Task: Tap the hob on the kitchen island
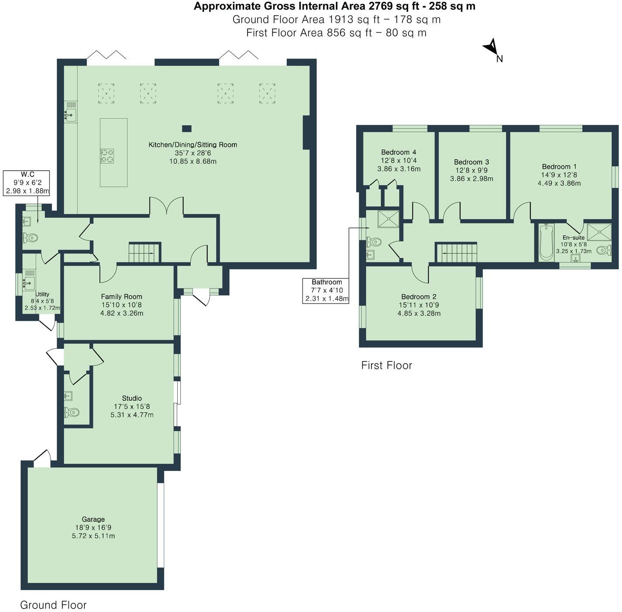[x=107, y=156]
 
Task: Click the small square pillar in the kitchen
[x=186, y=128]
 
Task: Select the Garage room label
[x=93, y=519]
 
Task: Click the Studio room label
[x=131, y=398]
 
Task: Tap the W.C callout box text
[x=27, y=182]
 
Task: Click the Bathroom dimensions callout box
[x=326, y=291]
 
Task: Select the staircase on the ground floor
[x=144, y=252]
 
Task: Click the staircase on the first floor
[x=457, y=252]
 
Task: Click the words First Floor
[x=386, y=365]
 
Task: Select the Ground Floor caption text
[x=53, y=605]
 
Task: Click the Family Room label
[x=122, y=297]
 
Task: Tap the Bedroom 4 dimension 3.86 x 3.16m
[x=399, y=169]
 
